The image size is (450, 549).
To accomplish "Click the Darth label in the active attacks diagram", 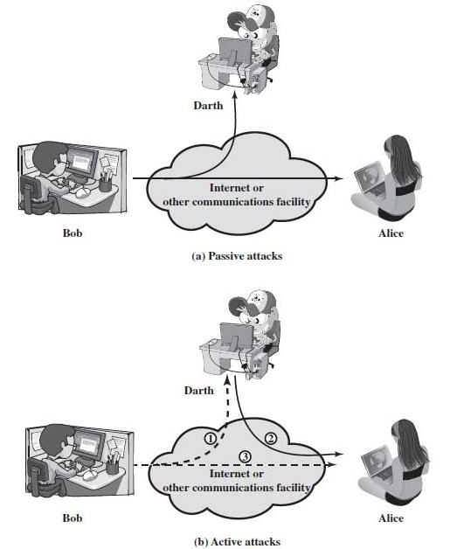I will [198, 390].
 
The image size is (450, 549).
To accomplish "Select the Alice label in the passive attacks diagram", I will [391, 235].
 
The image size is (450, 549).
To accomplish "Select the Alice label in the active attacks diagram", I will [391, 518].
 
